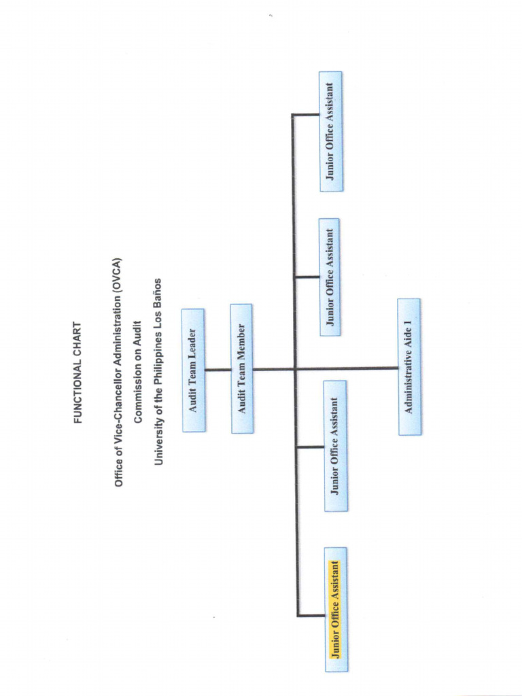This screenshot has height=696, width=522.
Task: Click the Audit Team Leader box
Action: [x=193, y=370]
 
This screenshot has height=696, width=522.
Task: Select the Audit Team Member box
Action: [x=241, y=368]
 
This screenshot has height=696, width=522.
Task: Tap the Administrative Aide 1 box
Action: [x=409, y=367]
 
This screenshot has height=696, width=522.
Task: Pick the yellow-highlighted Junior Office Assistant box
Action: [x=336, y=609]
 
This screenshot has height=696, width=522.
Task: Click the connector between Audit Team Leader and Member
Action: [x=217, y=370]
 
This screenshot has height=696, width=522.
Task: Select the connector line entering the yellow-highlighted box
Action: [x=311, y=615]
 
